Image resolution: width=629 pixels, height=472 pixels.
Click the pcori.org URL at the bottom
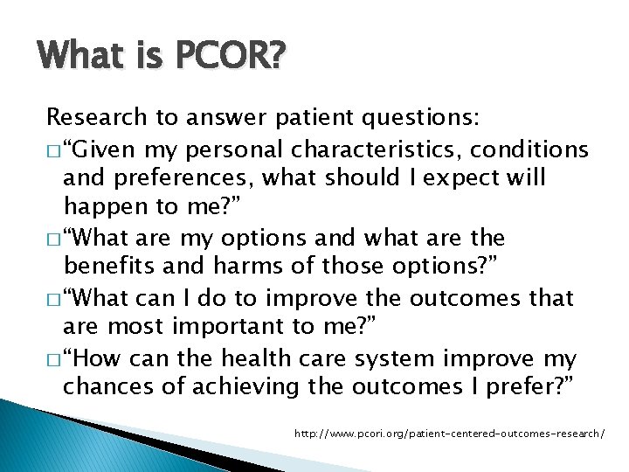click(x=450, y=433)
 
